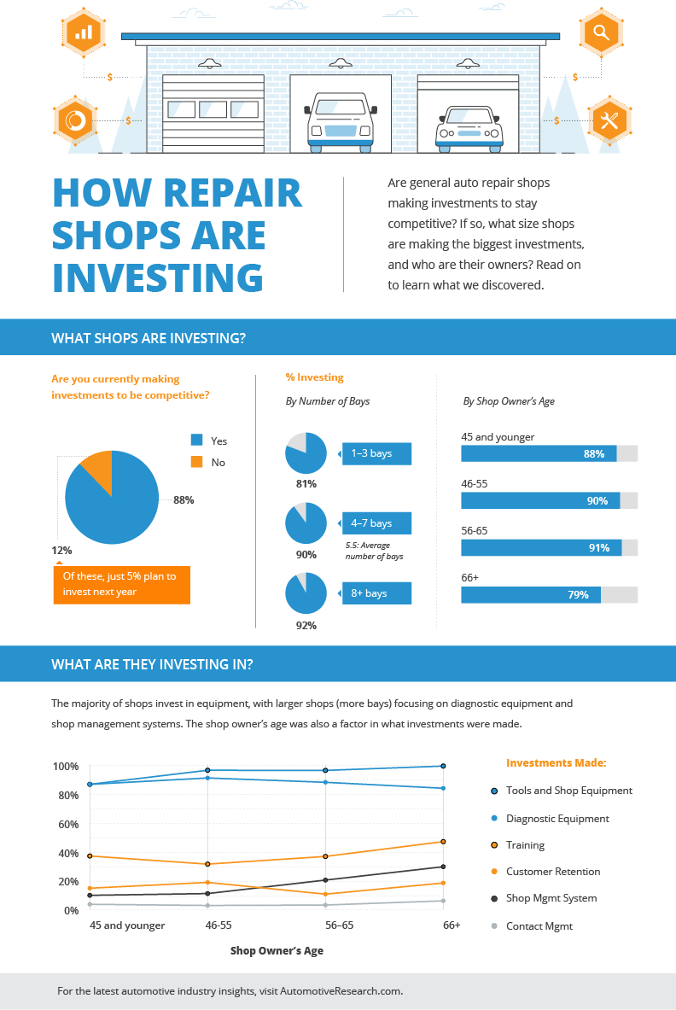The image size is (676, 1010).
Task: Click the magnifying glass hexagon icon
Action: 601,33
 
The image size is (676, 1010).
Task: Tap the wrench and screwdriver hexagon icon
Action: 609,120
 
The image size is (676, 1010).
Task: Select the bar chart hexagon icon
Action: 84,32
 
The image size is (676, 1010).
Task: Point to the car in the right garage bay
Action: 469,127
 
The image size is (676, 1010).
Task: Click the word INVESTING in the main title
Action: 158,277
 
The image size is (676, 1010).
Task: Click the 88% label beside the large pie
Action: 184,500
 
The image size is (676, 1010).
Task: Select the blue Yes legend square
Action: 196,441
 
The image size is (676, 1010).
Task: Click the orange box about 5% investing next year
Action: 121,584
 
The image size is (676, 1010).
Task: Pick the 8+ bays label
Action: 376,593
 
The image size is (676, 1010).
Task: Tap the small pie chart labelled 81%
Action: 306,453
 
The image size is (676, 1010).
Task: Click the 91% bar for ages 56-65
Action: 541,547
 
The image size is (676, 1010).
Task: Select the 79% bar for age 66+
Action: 531,594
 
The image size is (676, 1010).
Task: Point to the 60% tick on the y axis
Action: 67,824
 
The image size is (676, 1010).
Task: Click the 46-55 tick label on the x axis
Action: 218,925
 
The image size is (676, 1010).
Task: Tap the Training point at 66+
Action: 442,842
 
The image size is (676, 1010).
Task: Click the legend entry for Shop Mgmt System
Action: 551,898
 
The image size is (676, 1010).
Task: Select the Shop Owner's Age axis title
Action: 277,950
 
